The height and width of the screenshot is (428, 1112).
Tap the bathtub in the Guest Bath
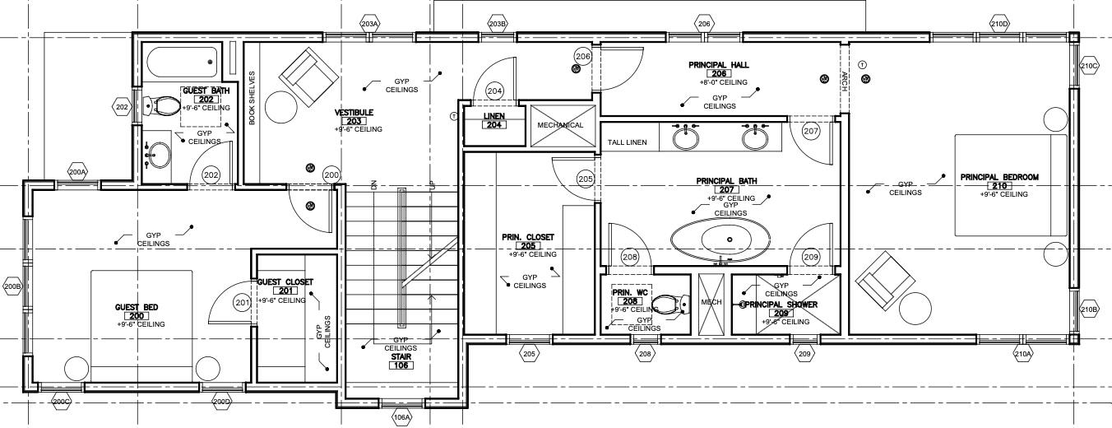(182, 62)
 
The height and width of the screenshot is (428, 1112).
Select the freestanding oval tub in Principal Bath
(721, 240)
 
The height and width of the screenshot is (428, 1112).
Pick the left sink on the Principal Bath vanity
(685, 137)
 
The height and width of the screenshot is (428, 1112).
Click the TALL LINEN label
(627, 142)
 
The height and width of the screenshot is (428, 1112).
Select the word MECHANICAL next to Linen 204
(560, 125)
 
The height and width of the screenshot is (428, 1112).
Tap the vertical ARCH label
(844, 78)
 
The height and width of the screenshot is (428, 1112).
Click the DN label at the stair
(373, 185)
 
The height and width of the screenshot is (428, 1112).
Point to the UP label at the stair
(430, 185)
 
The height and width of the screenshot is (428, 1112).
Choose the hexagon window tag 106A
(401, 417)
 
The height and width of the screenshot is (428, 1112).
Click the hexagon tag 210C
(1089, 66)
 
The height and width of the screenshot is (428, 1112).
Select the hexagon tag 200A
(77, 172)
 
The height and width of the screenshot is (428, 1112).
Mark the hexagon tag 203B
(497, 23)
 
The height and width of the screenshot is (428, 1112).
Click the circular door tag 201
(241, 304)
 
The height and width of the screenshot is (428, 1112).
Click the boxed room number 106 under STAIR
(401, 365)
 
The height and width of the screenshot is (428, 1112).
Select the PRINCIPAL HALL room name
(718, 64)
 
